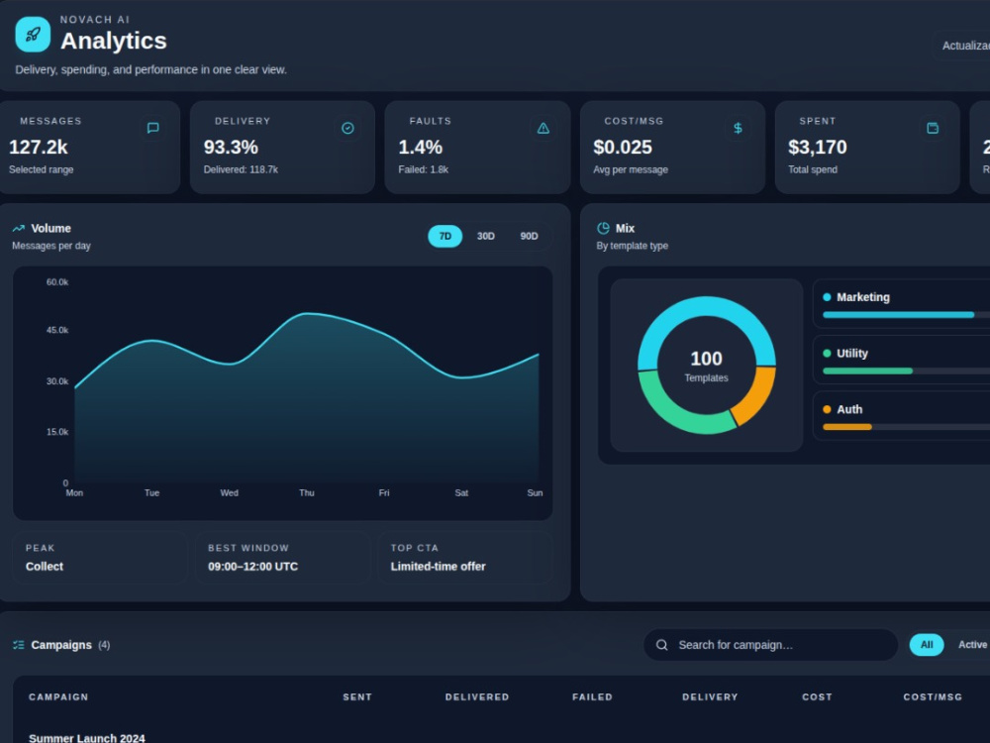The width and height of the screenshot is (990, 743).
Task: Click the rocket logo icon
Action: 33,34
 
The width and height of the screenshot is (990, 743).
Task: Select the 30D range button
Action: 485,237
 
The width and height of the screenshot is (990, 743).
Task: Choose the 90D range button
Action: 529,237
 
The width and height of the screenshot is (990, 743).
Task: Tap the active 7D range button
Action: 445,237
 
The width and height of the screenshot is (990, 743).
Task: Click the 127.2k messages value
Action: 39,148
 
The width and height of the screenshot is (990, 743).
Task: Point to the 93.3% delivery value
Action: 231,148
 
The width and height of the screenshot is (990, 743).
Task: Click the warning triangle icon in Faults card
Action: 543,128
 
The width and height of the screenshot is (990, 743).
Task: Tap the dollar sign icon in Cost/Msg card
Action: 738,128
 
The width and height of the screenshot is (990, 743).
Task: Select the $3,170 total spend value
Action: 818,148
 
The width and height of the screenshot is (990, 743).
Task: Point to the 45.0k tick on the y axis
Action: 56,331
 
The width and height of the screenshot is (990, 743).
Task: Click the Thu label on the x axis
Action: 307,492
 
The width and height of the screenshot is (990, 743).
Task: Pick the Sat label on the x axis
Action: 461,492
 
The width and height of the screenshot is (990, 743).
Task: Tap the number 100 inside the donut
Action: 706,359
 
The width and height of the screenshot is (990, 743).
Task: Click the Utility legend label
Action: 852,354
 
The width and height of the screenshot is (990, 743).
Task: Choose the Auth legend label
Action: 849,409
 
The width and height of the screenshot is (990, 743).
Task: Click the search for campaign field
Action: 770,645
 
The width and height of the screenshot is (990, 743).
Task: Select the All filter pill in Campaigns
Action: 927,645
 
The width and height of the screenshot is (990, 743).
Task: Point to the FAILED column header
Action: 592,696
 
